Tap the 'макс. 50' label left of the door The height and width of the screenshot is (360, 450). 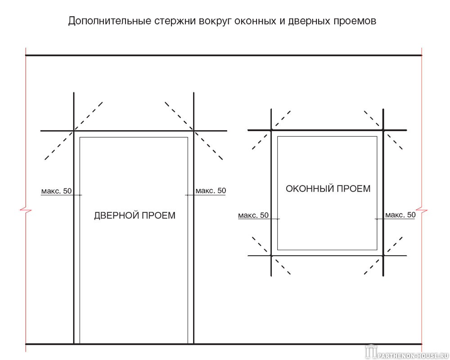coord(57,191)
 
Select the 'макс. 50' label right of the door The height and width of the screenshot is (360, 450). coord(211,191)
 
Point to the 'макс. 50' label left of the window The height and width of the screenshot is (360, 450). coord(253,215)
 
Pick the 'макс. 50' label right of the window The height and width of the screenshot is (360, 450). coord(400,215)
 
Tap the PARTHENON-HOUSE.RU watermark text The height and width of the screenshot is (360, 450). coord(413,355)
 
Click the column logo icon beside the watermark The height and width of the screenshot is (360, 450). coord(371,351)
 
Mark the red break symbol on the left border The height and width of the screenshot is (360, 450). coord(26,210)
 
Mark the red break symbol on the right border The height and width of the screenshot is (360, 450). coord(422,210)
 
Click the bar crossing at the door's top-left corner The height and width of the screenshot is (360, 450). coord(74,131)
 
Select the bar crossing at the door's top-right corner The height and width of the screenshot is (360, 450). coord(193,131)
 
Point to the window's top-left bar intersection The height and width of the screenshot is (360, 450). coord(271,130)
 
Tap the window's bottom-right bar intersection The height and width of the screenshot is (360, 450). coord(383,256)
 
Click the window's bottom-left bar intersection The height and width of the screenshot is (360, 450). coord(271,256)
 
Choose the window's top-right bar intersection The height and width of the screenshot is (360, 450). coord(383,130)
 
